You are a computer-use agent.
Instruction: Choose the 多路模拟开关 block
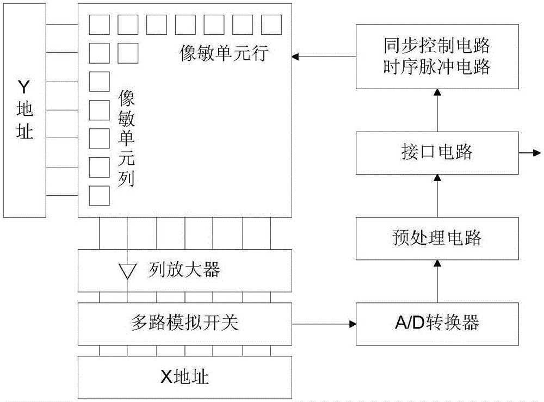(x=185, y=324)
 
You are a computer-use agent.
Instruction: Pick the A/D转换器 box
(x=436, y=324)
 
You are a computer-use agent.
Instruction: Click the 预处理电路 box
(x=436, y=238)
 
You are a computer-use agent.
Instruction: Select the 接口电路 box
(x=436, y=153)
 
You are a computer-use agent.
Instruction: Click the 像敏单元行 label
(x=224, y=54)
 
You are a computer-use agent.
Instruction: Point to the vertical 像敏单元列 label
(x=126, y=138)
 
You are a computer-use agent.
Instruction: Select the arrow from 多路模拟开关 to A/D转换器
(x=324, y=324)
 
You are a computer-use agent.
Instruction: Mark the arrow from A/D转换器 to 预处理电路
(x=436, y=281)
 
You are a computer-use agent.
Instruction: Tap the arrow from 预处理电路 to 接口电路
(x=436, y=195)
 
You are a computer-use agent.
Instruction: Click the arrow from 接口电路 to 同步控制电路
(x=436, y=110)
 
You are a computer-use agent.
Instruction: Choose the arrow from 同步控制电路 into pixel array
(x=324, y=57)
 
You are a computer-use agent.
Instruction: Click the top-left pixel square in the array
(x=99, y=24)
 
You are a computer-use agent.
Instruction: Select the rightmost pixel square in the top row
(x=271, y=24)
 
